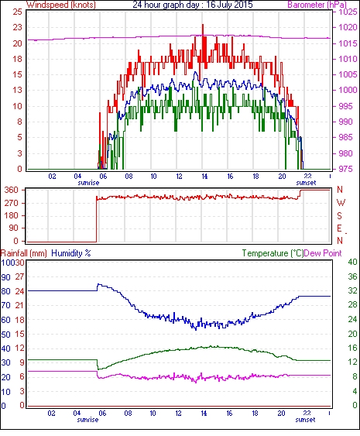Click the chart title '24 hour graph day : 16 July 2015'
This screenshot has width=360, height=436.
(x=192, y=5)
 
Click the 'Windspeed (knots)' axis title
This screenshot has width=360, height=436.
(x=61, y=5)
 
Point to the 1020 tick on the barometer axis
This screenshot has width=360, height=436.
(x=348, y=27)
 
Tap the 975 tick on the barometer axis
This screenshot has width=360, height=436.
(x=348, y=169)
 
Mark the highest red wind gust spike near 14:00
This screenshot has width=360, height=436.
(x=203, y=25)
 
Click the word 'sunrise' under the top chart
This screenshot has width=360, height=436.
(x=88, y=183)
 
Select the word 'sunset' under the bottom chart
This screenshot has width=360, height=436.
(x=305, y=419)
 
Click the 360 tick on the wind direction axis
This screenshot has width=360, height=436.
(x=12, y=191)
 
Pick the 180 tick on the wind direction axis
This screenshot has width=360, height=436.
(x=12, y=215)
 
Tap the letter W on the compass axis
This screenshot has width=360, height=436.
(x=341, y=203)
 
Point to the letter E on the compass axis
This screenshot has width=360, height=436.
(x=339, y=228)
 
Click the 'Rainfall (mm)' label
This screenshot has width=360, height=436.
(x=24, y=253)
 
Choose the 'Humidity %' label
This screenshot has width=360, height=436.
(x=71, y=253)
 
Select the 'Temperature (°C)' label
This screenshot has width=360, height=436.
(x=273, y=253)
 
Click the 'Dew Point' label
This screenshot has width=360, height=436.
(x=323, y=253)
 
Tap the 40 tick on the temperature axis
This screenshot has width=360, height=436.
(x=352, y=262)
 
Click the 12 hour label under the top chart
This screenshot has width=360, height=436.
(x=179, y=177)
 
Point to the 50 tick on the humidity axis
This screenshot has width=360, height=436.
(x=6, y=335)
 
